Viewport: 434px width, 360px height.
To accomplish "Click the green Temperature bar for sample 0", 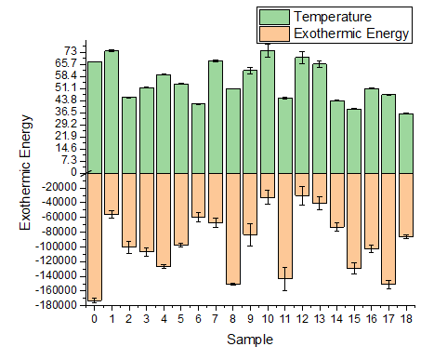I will [94, 117].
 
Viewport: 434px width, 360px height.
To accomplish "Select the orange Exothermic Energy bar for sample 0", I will [94, 236].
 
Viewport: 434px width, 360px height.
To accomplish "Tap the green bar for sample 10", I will [268, 112].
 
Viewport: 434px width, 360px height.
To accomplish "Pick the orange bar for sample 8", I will [233, 228].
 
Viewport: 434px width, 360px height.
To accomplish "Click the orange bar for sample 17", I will [388, 228].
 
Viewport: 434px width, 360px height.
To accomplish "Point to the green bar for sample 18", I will [406, 143].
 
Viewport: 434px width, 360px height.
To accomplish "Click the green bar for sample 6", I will [198, 139].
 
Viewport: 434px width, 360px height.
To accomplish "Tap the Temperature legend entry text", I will [333, 17].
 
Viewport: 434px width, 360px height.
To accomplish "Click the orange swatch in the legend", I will [275, 33].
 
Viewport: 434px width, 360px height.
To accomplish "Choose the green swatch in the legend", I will [275, 17].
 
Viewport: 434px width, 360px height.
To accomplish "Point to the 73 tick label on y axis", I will [70, 50].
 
